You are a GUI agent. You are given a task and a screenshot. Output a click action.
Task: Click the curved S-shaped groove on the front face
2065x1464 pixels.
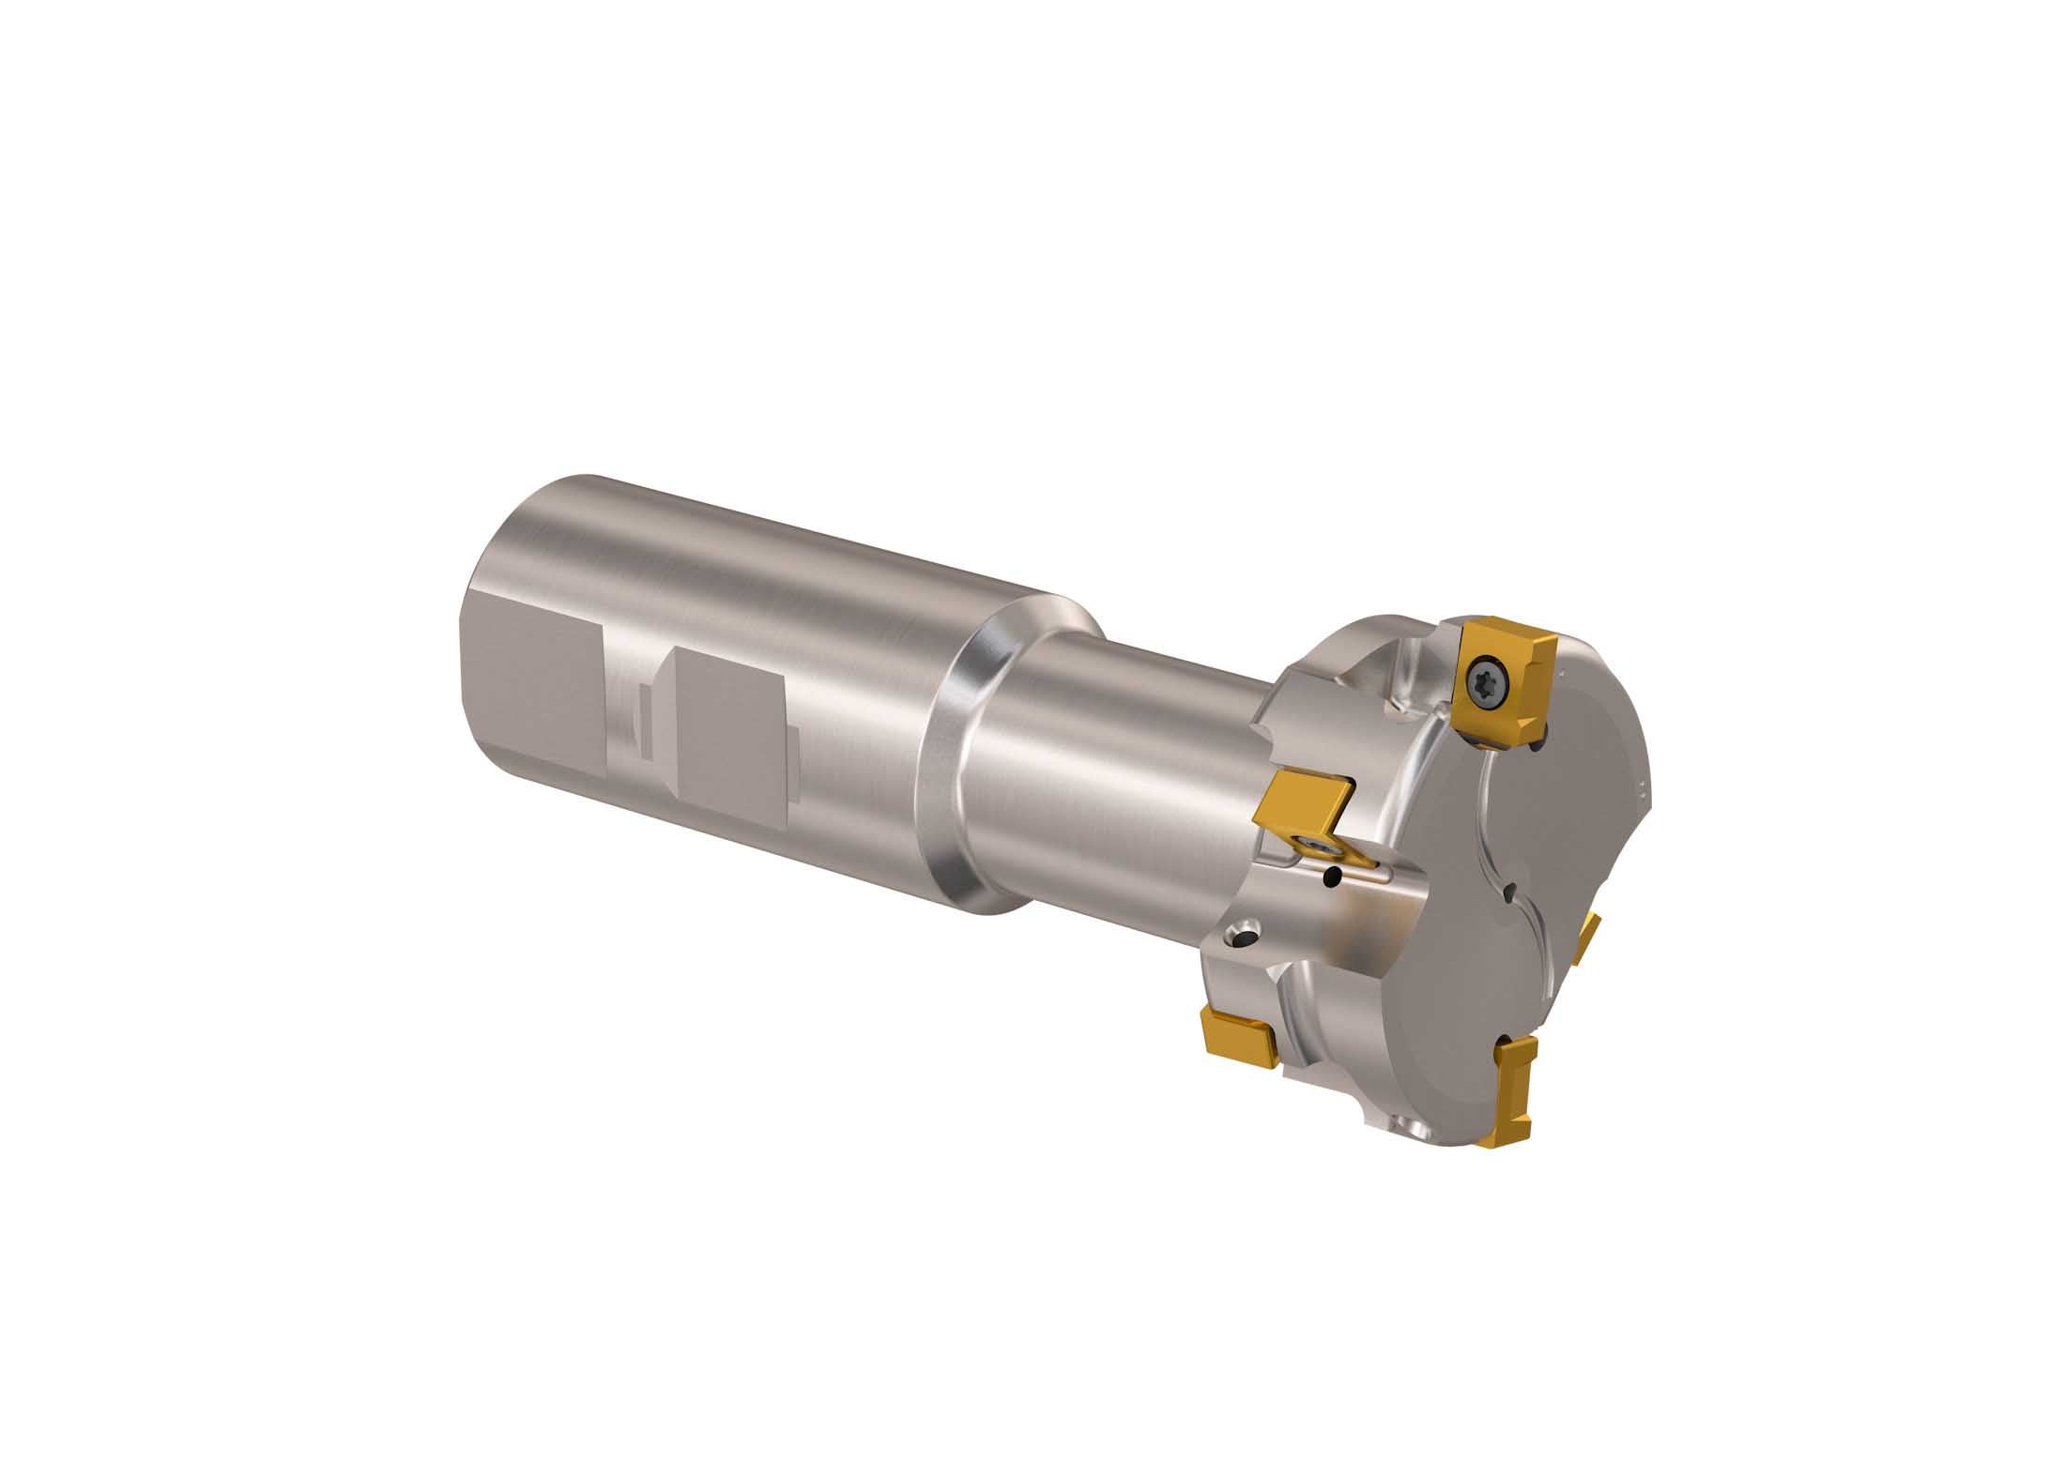click(x=1492, y=826)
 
